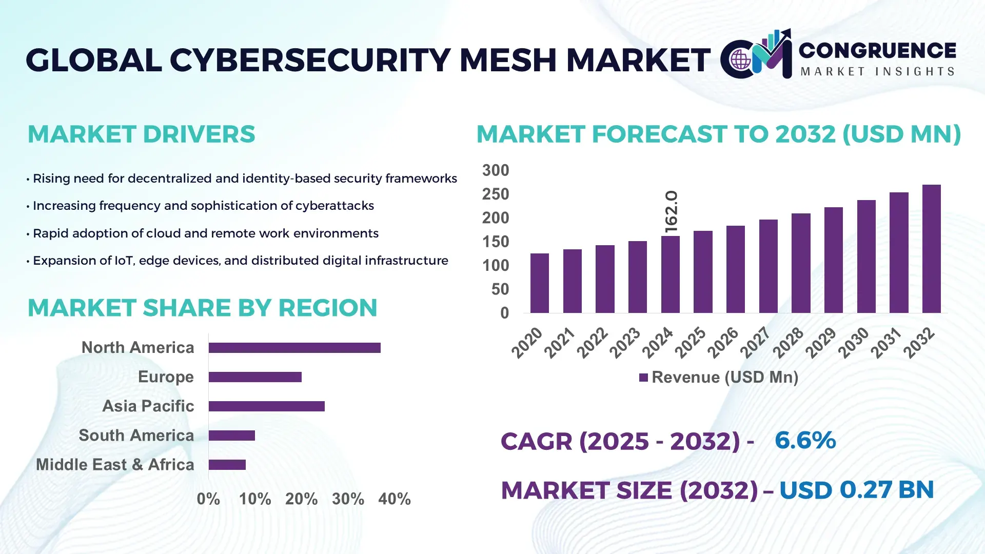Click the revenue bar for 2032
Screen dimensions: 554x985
pyautogui.click(x=931, y=249)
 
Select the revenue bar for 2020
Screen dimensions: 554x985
pyautogui.click(x=539, y=283)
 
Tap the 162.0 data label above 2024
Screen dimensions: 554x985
pyautogui.click(x=671, y=212)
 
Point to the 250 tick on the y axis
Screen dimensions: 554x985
pyautogui.click(x=495, y=194)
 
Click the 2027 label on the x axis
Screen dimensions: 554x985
pyautogui.click(x=755, y=342)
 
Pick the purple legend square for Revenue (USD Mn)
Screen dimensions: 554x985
pyautogui.click(x=643, y=378)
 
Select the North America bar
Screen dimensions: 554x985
pyautogui.click(x=294, y=348)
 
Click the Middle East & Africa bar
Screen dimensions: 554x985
pyautogui.click(x=227, y=465)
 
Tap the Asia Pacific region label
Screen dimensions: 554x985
pyautogui.click(x=148, y=406)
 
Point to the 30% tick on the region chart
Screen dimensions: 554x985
pyautogui.click(x=348, y=499)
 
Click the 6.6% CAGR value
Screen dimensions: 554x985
pyautogui.click(x=805, y=441)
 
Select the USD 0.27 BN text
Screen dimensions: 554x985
pyautogui.click(x=856, y=490)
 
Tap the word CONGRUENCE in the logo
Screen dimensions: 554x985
pyautogui.click(x=877, y=51)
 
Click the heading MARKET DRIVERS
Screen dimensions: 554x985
pyautogui.click(x=141, y=134)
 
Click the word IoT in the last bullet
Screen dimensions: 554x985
pyautogui.click(x=124, y=261)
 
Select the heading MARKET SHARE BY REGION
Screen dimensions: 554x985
pyautogui.click(x=202, y=308)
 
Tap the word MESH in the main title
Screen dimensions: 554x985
pyautogui.click(x=508, y=60)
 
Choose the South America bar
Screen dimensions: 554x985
pyautogui.click(x=232, y=436)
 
